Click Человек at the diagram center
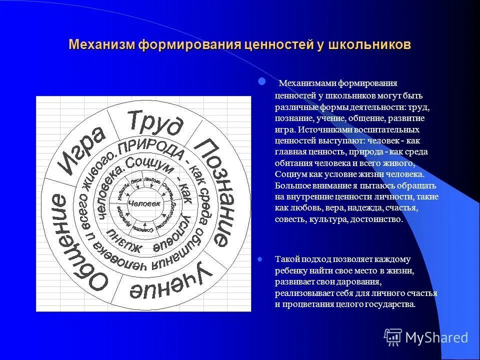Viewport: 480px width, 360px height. click(144, 203)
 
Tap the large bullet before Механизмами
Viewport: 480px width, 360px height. click(260, 81)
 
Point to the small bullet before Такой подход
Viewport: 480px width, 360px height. click(259, 259)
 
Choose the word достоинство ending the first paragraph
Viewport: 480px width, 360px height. click(377, 219)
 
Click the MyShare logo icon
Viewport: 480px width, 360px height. click(393, 337)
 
